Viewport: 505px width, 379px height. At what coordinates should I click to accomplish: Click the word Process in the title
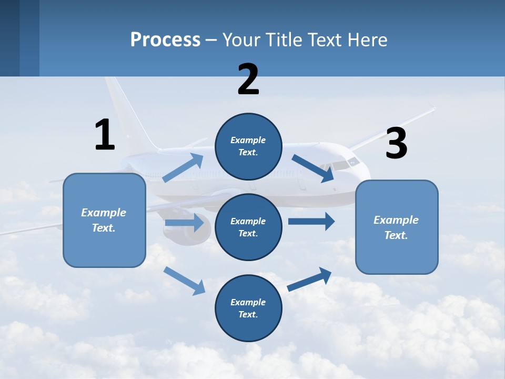tap(165, 40)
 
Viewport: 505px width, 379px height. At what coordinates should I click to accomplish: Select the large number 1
tap(105, 135)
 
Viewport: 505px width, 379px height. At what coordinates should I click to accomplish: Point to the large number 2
tap(248, 79)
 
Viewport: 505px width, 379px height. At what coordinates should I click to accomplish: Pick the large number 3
tap(396, 143)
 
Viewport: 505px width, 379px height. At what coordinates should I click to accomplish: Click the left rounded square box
tap(104, 220)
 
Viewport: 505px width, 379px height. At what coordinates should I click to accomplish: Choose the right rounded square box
tap(397, 227)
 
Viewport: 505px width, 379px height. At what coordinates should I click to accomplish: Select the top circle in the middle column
tap(248, 146)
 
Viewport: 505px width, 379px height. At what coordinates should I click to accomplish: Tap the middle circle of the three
tap(248, 227)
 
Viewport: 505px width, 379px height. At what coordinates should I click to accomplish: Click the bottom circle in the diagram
tap(248, 308)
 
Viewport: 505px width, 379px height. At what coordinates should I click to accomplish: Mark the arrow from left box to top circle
tap(183, 168)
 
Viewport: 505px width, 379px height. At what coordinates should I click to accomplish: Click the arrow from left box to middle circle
tap(184, 223)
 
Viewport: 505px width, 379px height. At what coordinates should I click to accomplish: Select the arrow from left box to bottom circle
tap(184, 280)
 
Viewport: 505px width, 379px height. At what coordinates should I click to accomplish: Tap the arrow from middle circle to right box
tap(311, 221)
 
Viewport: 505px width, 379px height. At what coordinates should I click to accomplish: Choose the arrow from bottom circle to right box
tap(310, 279)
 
